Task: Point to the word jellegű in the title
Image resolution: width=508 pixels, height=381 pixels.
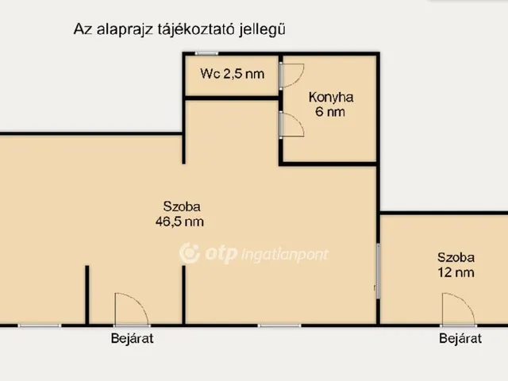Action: (x=262, y=29)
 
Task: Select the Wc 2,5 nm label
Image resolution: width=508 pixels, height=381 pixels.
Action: (x=232, y=75)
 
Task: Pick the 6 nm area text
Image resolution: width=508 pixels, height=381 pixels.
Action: (x=331, y=112)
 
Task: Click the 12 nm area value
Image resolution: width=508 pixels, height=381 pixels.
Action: (x=456, y=272)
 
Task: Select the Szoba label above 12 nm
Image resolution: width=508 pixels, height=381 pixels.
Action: (x=456, y=257)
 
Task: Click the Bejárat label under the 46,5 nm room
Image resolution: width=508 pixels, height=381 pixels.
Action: (x=132, y=339)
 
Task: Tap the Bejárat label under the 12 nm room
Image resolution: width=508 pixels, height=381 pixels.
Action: (x=460, y=339)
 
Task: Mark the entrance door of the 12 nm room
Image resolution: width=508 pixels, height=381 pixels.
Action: (x=458, y=309)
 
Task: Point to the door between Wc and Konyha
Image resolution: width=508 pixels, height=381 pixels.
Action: (x=289, y=74)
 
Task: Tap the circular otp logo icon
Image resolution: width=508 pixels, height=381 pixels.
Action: (x=190, y=253)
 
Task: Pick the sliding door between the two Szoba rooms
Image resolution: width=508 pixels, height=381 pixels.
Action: (x=379, y=271)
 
